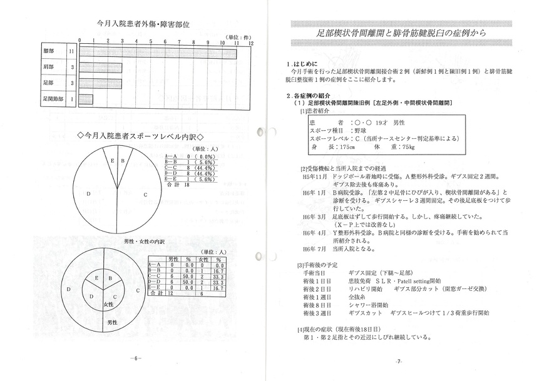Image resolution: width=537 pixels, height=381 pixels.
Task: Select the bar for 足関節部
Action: point(85,98)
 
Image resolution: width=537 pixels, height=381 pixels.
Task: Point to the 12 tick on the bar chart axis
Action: point(251,44)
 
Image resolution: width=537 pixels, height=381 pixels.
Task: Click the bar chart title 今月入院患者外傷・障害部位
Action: point(143,24)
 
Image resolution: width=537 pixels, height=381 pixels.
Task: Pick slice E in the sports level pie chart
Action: point(113,161)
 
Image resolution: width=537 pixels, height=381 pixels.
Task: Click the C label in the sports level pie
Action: point(145,195)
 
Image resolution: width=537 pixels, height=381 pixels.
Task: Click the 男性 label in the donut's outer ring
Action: point(112,322)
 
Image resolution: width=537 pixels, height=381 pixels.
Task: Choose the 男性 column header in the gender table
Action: point(172,258)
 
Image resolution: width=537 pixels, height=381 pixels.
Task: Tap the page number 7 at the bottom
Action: point(399,362)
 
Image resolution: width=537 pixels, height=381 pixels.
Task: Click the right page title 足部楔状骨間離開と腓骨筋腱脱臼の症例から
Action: point(401,32)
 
